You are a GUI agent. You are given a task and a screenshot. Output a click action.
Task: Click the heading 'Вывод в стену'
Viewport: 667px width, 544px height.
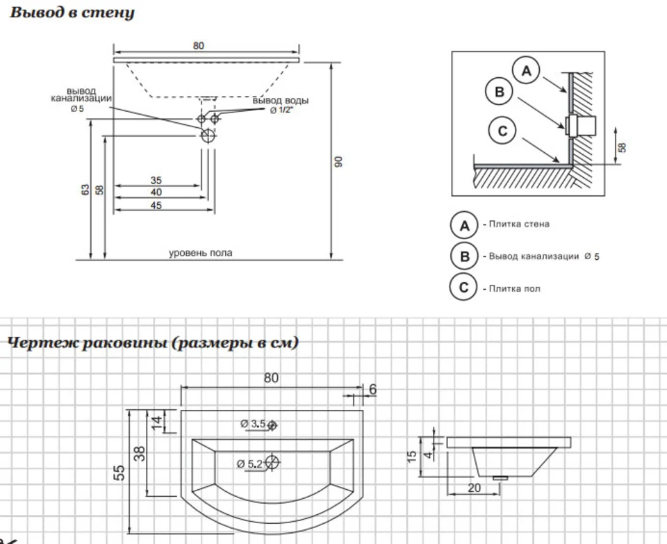click(x=72, y=13)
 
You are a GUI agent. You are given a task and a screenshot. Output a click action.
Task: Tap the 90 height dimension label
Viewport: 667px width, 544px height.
click(x=338, y=162)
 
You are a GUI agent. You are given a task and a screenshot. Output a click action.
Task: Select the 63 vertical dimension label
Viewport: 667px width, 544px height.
click(x=85, y=190)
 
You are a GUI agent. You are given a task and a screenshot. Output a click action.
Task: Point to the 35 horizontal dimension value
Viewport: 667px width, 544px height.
click(x=156, y=180)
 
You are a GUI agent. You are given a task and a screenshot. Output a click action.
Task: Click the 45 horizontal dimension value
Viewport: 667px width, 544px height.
click(x=156, y=206)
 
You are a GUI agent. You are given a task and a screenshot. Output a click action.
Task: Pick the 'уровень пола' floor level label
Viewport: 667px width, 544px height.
click(x=201, y=253)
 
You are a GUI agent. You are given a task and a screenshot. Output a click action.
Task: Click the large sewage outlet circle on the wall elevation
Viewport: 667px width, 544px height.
click(x=208, y=135)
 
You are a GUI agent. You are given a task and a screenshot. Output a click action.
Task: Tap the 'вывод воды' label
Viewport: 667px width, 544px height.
click(x=280, y=101)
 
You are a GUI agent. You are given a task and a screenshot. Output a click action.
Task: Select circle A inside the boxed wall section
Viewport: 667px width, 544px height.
click(x=526, y=71)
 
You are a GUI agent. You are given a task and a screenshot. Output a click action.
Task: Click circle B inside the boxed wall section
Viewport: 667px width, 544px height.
click(x=500, y=92)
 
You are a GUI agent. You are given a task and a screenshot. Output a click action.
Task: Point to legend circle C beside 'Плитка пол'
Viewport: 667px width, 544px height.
click(x=465, y=288)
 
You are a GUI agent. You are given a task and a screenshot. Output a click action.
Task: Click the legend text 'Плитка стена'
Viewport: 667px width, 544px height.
click(x=519, y=224)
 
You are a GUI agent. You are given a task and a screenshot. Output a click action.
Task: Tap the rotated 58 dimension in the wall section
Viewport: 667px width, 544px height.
click(x=622, y=147)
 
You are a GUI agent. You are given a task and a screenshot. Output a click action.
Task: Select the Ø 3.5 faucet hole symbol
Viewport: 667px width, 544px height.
click(x=272, y=425)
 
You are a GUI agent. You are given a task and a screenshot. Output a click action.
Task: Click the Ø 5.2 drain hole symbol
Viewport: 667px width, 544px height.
click(x=272, y=462)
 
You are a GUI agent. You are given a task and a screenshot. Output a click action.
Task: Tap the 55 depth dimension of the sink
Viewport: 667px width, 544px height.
click(x=120, y=472)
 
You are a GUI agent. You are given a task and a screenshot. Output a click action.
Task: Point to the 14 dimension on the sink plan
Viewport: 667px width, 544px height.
click(x=157, y=422)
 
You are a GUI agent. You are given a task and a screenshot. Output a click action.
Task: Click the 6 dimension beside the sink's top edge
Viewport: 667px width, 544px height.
click(x=372, y=390)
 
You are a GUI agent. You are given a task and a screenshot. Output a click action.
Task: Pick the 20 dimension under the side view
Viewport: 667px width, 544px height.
click(x=474, y=488)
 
